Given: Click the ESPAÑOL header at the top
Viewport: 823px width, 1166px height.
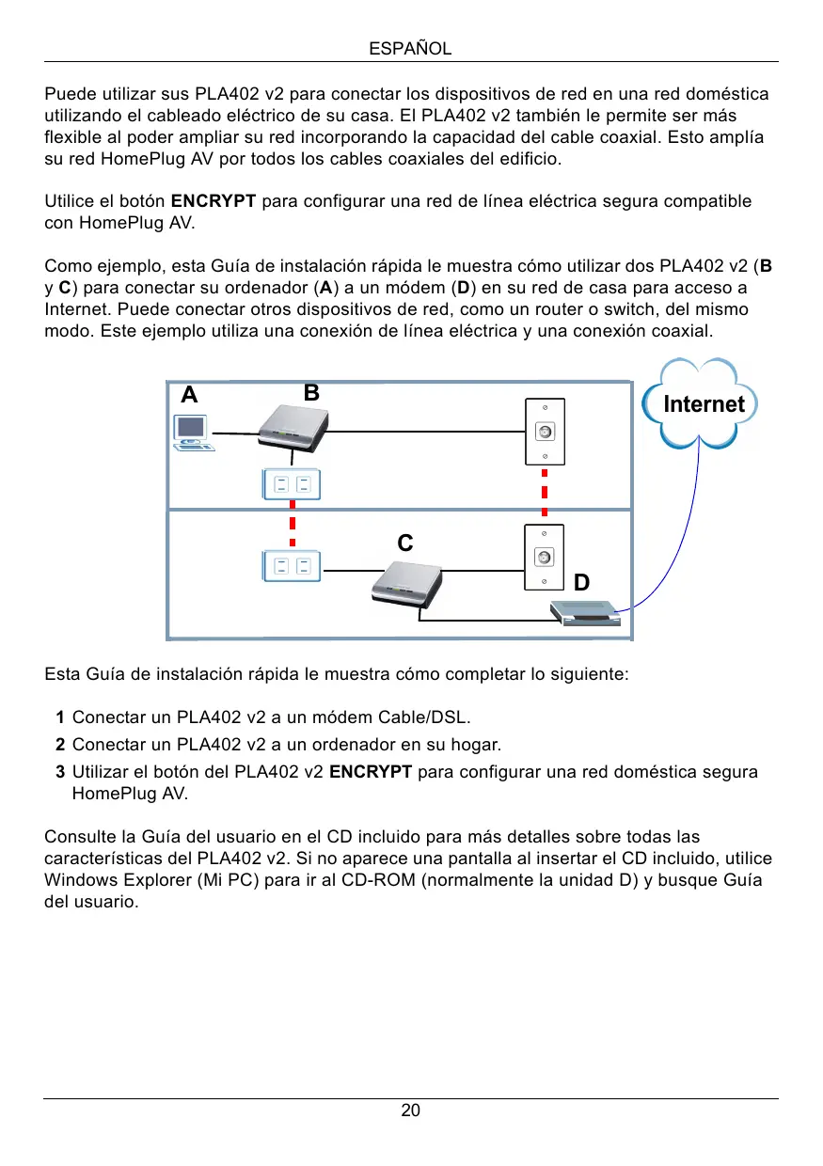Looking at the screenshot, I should (x=411, y=49).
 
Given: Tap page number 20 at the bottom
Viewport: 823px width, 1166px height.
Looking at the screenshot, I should (x=411, y=1111).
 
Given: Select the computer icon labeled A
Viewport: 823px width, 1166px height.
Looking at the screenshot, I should (x=194, y=433).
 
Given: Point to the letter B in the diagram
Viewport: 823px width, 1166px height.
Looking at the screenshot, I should (x=312, y=392).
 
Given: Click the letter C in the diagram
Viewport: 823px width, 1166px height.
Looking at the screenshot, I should (x=404, y=544).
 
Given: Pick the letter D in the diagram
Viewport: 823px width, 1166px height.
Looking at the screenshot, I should (x=581, y=583).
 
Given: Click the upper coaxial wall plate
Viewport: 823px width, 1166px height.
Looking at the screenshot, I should (x=544, y=432).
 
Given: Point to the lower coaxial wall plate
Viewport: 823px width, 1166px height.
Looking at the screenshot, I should (x=544, y=557).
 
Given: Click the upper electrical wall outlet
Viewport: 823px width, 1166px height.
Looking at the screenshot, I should (x=292, y=484).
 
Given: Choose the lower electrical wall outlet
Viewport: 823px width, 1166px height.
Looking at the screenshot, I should (x=292, y=566).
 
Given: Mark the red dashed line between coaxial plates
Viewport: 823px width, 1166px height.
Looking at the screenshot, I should (x=545, y=494).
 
